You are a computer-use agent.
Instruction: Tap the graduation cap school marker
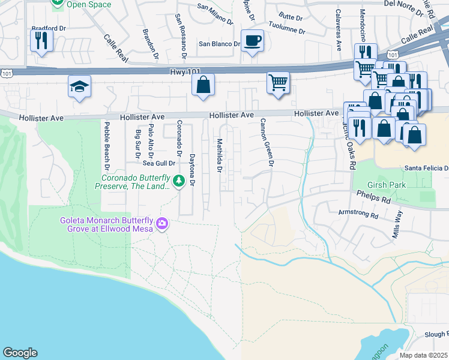point(79,86)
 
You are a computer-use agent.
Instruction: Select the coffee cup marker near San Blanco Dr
point(252,41)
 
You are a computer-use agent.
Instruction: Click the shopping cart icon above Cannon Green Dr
point(278,83)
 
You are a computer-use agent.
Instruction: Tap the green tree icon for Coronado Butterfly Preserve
point(178,181)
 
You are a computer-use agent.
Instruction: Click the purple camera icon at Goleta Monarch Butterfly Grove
point(161,224)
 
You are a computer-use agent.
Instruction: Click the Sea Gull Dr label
point(158,163)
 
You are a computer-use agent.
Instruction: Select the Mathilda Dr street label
point(220,156)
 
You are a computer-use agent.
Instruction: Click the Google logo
point(20,353)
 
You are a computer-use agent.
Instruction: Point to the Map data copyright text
point(423,355)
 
